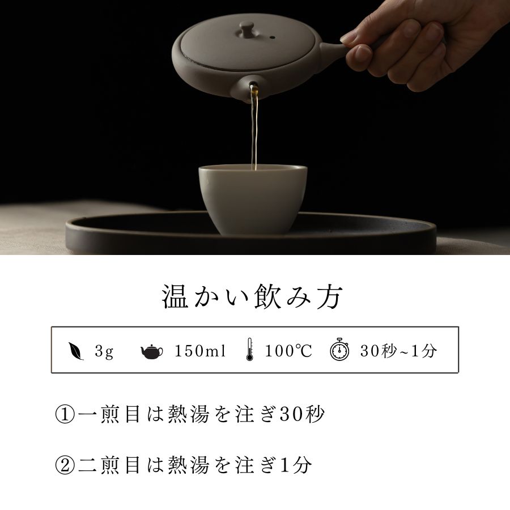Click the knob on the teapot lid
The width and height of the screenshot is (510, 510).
click(x=247, y=29)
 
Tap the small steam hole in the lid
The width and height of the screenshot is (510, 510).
click(x=272, y=38)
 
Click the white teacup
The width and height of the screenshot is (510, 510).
click(x=253, y=199)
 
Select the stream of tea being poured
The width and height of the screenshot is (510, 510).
click(x=254, y=129)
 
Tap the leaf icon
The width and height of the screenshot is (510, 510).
click(x=76, y=351)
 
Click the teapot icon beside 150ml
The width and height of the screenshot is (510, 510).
click(x=152, y=351)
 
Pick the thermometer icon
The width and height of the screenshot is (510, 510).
click(x=249, y=349)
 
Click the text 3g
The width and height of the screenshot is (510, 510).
click(x=104, y=351)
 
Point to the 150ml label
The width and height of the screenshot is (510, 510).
click(x=200, y=351)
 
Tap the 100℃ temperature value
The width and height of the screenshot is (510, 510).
click(x=288, y=351)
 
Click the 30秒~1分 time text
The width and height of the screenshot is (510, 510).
click(x=398, y=351)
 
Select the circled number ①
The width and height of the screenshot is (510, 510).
click(x=65, y=415)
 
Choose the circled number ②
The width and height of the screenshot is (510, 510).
click(x=65, y=465)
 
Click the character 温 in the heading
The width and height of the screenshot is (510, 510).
click(x=175, y=296)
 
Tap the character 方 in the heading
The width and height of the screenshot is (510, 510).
click(x=329, y=296)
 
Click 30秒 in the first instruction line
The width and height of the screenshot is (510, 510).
click(x=302, y=414)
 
